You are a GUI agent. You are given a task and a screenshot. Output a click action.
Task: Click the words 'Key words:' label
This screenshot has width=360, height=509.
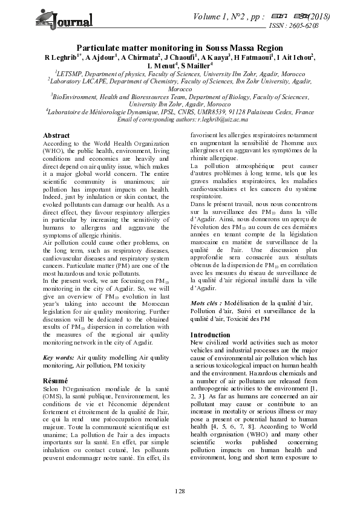60,358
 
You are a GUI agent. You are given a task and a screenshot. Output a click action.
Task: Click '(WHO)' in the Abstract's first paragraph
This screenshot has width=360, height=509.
53,149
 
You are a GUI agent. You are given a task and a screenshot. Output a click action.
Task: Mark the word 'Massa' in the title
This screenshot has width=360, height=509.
241,47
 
